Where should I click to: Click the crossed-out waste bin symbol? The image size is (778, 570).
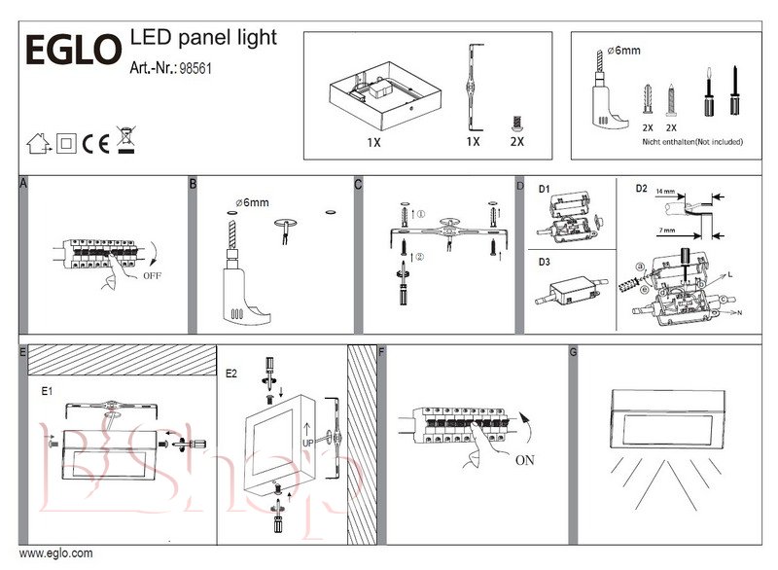(x=125, y=141)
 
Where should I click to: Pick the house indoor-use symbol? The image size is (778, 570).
(x=38, y=145)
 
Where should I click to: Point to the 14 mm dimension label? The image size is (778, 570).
(x=664, y=192)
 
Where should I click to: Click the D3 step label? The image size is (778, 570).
(x=545, y=262)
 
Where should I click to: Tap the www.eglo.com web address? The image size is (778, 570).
(x=56, y=553)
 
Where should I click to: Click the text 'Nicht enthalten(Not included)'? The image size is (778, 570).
(x=692, y=141)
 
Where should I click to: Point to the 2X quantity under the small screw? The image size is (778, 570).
(x=516, y=141)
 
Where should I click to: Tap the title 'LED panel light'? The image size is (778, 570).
(x=203, y=37)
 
